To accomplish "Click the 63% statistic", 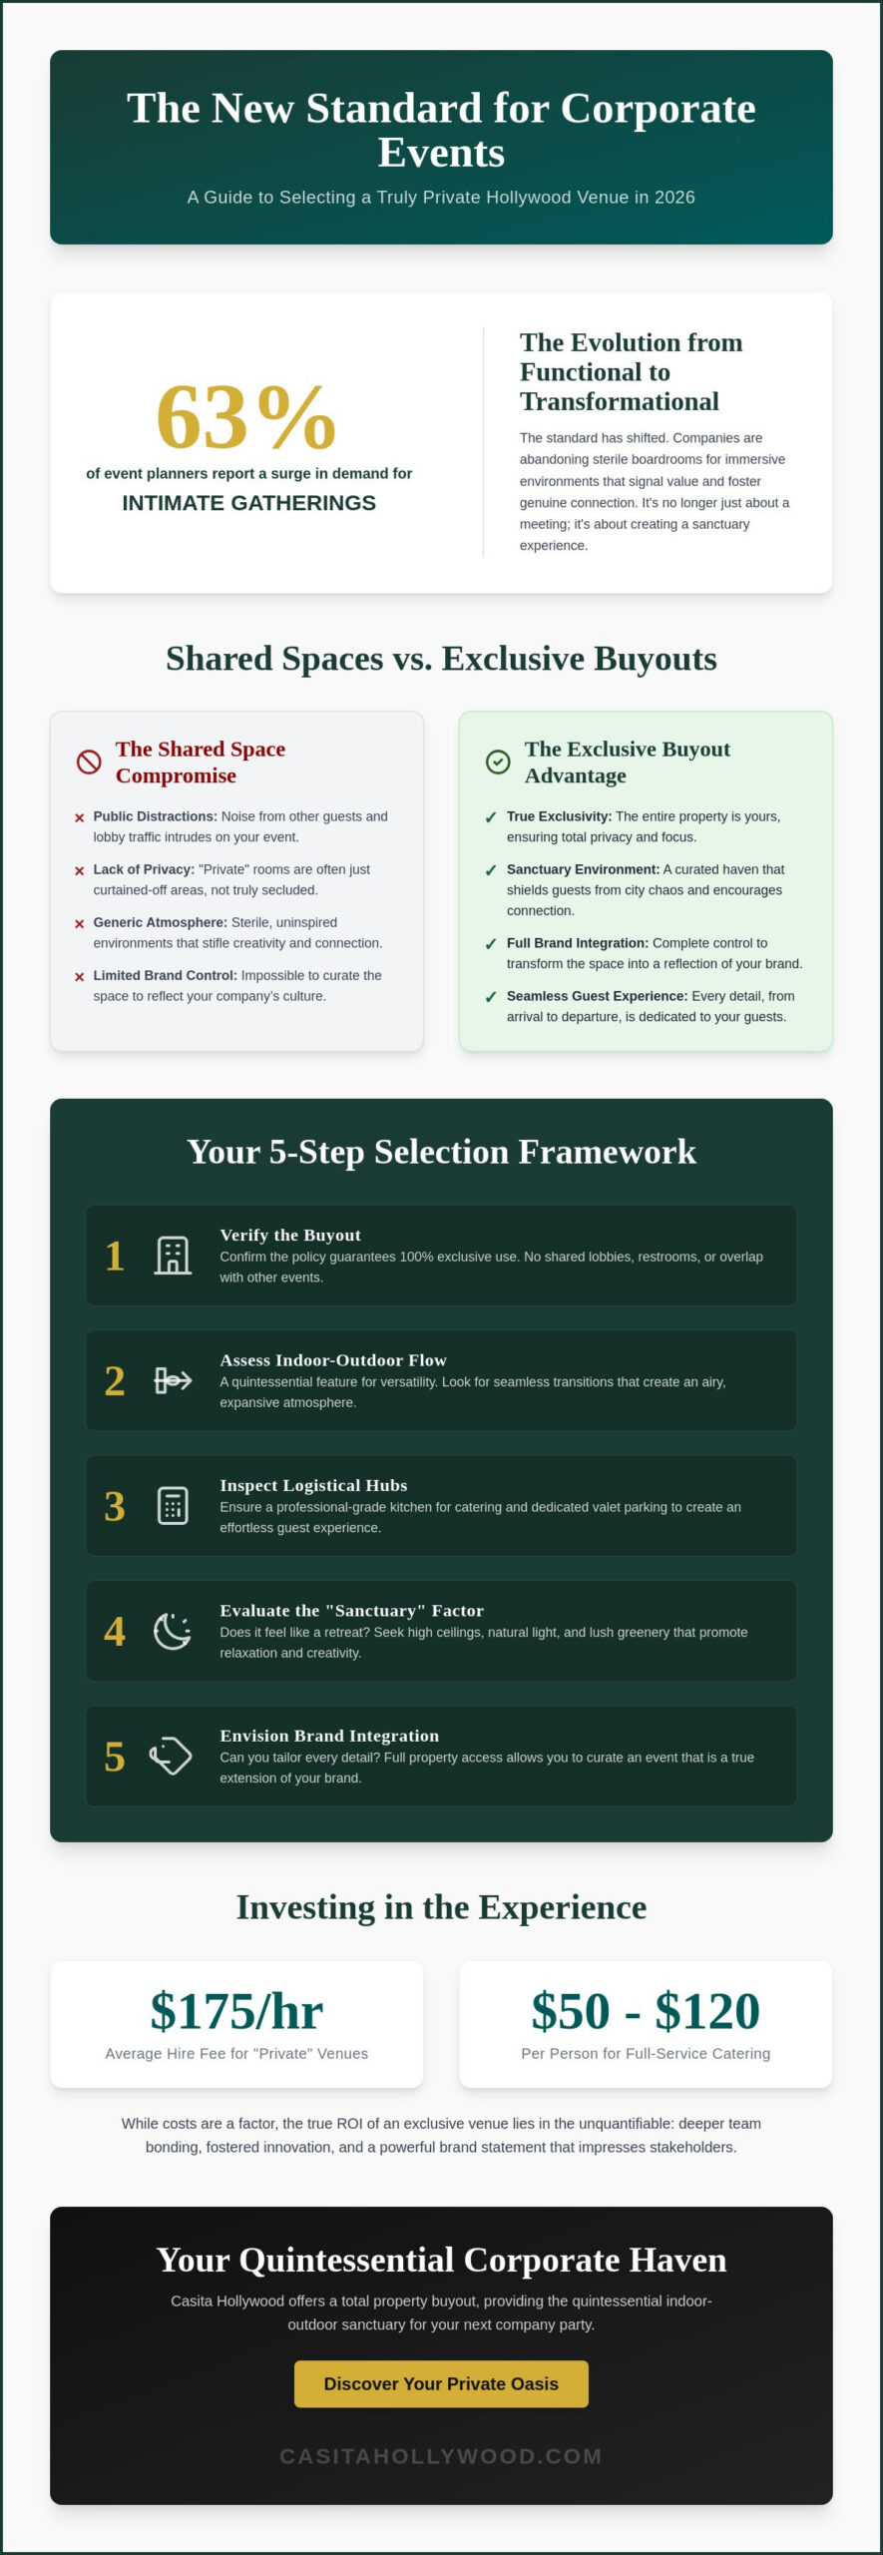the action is pos(245,417).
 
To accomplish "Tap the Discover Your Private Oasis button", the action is pos(441,2383).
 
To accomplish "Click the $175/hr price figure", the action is pos(236,2011).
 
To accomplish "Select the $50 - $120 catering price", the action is pos(646,2011).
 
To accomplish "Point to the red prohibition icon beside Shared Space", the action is pos(89,763).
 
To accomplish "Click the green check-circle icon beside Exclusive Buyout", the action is pos(498,763).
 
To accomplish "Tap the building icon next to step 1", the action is pos(173,1256).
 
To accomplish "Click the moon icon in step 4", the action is pos(173,1631).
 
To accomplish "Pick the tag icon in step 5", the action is pos(171,1756).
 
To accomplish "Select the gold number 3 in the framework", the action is pos(115,1506).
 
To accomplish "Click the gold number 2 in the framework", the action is pos(115,1381).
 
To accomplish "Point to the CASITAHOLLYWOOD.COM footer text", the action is pos(441,2456).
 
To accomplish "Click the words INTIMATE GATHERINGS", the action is pos(249,503).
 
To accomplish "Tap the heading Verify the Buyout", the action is pos(290,1235).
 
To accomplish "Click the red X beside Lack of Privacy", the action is pos(80,871).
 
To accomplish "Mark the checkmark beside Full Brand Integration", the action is pos(491,944).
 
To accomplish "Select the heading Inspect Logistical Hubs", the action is pos(313,1485).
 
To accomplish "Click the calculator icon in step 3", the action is pos(173,1506).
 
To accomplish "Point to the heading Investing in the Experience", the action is pos(441,1906).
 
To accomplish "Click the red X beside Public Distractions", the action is pos(80,818).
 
